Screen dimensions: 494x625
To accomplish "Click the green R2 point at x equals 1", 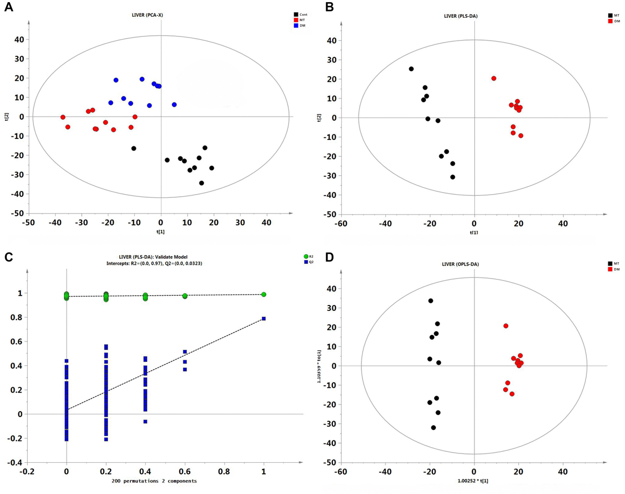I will click(264, 295).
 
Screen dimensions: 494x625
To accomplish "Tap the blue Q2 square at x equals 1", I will click(264, 319).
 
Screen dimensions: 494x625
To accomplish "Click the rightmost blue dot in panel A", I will click(174, 105).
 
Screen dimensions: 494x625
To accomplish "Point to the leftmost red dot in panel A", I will click(63, 117).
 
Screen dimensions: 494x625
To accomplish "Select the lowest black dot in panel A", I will click(201, 183).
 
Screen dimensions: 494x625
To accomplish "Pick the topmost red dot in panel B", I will click(493, 79).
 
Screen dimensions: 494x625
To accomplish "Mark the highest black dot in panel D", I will click(430, 301).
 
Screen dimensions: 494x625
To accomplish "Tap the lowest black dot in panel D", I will click(433, 427).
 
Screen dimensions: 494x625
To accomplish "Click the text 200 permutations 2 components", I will click(154, 481).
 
